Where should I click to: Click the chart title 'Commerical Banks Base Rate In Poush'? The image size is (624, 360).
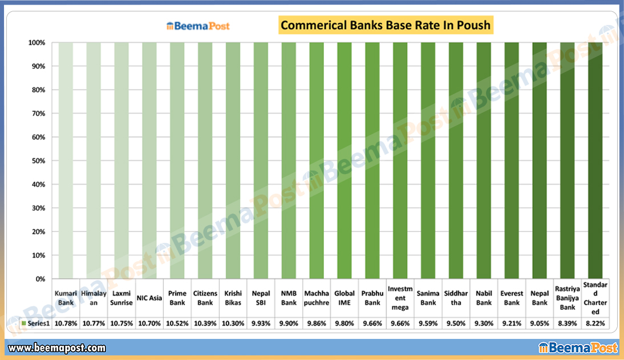click(386, 26)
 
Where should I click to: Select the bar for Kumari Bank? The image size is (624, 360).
click(66, 160)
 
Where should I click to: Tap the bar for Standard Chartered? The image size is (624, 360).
click(595, 160)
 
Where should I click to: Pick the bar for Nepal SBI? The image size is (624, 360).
click(261, 160)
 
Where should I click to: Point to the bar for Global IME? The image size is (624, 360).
click(345, 160)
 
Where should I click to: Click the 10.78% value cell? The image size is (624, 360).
click(66, 323)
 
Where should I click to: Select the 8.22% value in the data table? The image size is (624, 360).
click(595, 323)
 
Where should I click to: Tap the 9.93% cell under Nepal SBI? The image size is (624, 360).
click(261, 323)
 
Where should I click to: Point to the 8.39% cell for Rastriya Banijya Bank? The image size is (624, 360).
click(567, 323)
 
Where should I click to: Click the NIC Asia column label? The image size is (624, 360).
click(149, 298)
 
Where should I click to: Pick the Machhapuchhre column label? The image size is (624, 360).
click(317, 298)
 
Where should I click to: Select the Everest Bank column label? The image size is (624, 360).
click(512, 298)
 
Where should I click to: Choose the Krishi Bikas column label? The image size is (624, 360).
click(233, 298)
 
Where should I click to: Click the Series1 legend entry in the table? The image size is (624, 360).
click(35, 323)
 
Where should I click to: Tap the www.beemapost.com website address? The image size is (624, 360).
click(57, 347)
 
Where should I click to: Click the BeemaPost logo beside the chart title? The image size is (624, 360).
click(198, 26)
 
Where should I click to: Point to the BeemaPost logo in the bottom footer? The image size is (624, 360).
click(577, 347)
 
